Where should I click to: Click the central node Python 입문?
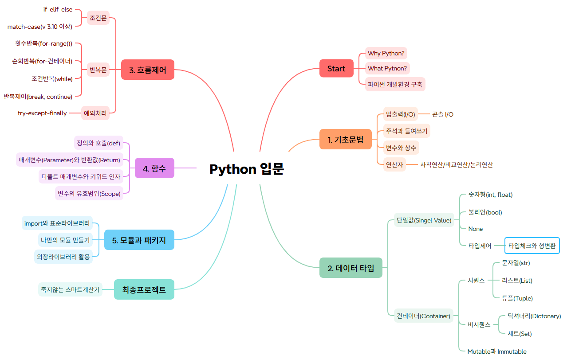(x=247, y=169)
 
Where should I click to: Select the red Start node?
(x=336, y=68)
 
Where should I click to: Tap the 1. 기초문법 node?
(x=346, y=140)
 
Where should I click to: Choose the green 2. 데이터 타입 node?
(x=350, y=268)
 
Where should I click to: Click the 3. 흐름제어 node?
(x=148, y=70)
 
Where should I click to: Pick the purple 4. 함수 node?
(x=155, y=168)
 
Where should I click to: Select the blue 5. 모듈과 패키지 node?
(x=139, y=240)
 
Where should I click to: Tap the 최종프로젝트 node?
(x=144, y=289)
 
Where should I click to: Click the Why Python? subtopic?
(x=386, y=54)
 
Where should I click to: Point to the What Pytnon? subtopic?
(x=387, y=68)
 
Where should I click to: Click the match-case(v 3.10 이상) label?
(x=40, y=27)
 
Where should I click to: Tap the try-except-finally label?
(x=42, y=113)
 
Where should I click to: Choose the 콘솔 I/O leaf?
(x=443, y=114)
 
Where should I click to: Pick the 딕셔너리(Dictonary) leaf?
(x=534, y=316)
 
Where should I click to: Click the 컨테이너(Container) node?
(x=423, y=316)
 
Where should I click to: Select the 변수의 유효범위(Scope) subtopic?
(x=89, y=194)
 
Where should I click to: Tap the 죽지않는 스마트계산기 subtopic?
(x=71, y=290)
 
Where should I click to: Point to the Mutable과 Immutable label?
(x=497, y=351)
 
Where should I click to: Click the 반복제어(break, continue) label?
(x=38, y=97)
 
